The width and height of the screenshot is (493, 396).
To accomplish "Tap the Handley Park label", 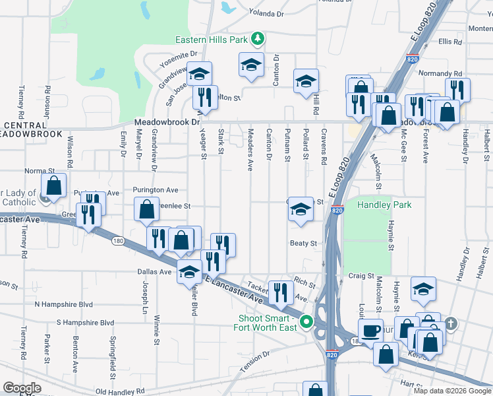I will coord(384,205).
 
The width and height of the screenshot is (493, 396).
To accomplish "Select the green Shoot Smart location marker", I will coord(306,323).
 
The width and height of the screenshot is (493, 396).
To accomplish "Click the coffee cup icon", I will coord(370,329).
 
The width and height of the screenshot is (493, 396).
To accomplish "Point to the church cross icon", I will coord(450,323).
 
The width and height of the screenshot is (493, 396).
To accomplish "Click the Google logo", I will coord(22,388).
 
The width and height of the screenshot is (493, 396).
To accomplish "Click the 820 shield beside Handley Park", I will coord(337,210).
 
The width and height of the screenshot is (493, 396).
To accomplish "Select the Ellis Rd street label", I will coord(449,42).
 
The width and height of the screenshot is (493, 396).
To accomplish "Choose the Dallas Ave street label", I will coord(155,271).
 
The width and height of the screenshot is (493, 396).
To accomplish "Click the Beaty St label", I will coord(304,243).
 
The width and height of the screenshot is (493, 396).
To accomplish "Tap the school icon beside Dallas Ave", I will coord(190,272).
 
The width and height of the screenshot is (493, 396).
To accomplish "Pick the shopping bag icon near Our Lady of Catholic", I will coord(54,185).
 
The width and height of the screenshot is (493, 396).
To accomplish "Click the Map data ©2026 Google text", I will coord(451,391).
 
